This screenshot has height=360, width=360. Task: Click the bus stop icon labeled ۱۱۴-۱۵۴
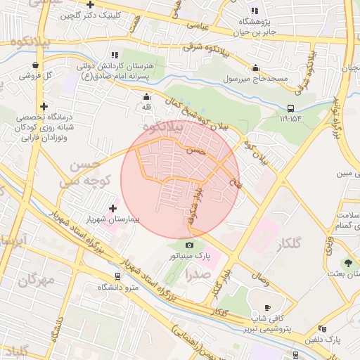point(290,108)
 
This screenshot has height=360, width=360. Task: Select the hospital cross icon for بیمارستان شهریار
point(113,208)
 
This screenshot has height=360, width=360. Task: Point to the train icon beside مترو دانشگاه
point(117,276)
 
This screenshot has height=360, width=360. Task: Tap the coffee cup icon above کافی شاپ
point(267,307)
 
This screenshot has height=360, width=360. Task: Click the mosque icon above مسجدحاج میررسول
point(255,67)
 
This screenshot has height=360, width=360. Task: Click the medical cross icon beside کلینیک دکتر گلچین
point(90,4)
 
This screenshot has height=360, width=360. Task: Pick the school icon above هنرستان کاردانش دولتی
point(114,54)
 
